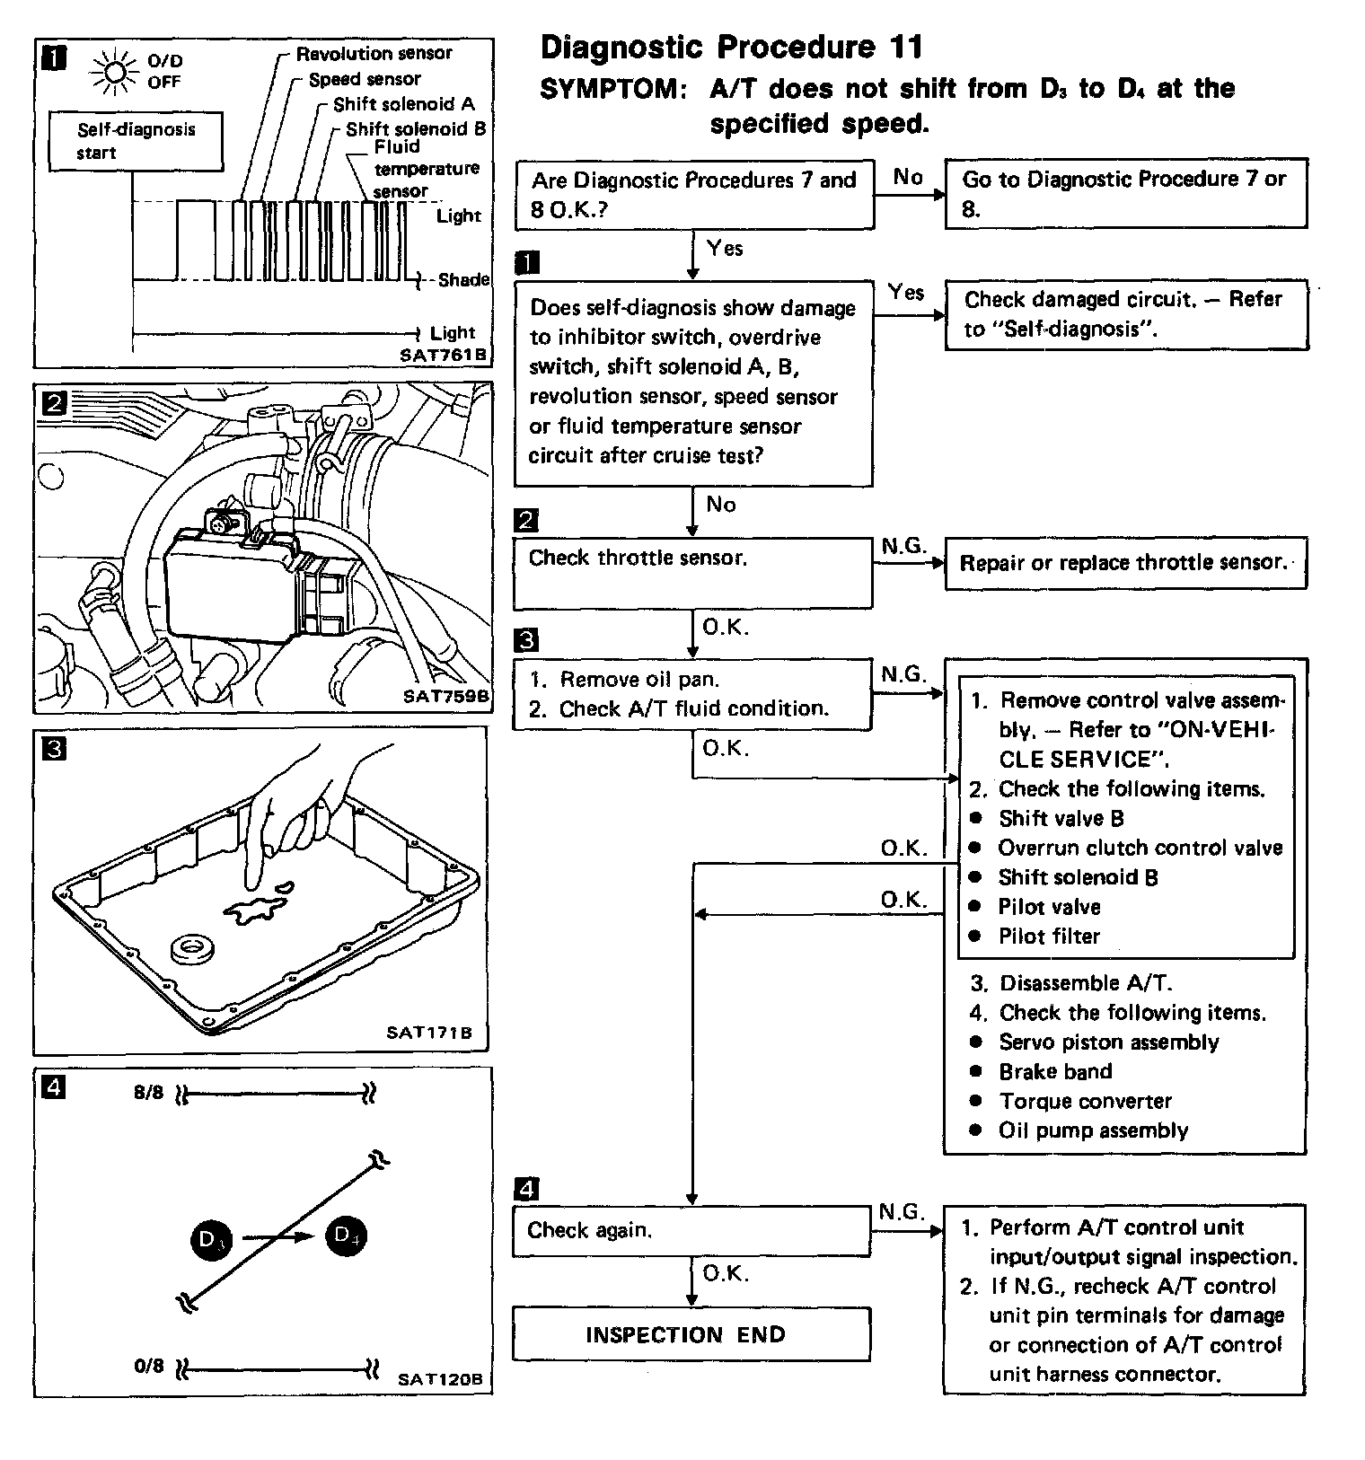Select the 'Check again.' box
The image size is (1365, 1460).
point(691,1230)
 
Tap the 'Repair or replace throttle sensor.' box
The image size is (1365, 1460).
point(1124,563)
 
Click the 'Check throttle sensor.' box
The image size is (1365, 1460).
point(691,572)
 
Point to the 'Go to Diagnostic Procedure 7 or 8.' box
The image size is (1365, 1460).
point(1125,193)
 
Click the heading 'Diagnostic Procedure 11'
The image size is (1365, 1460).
point(731,48)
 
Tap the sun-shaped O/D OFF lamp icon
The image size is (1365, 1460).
point(115,71)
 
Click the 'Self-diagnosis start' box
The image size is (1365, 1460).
point(136,140)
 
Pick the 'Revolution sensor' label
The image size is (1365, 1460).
point(374,54)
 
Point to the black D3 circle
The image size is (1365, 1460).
point(211,1240)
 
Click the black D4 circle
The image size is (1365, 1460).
point(346,1236)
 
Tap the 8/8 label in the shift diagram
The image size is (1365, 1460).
point(149,1093)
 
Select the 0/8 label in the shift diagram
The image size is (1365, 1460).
point(149,1366)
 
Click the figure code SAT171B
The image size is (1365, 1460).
point(428,1033)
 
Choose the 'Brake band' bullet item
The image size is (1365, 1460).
point(1055,1071)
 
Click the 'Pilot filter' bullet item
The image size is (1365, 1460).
point(1049,937)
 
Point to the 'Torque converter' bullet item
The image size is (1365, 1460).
point(1085,1101)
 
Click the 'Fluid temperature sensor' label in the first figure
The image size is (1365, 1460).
point(426,168)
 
